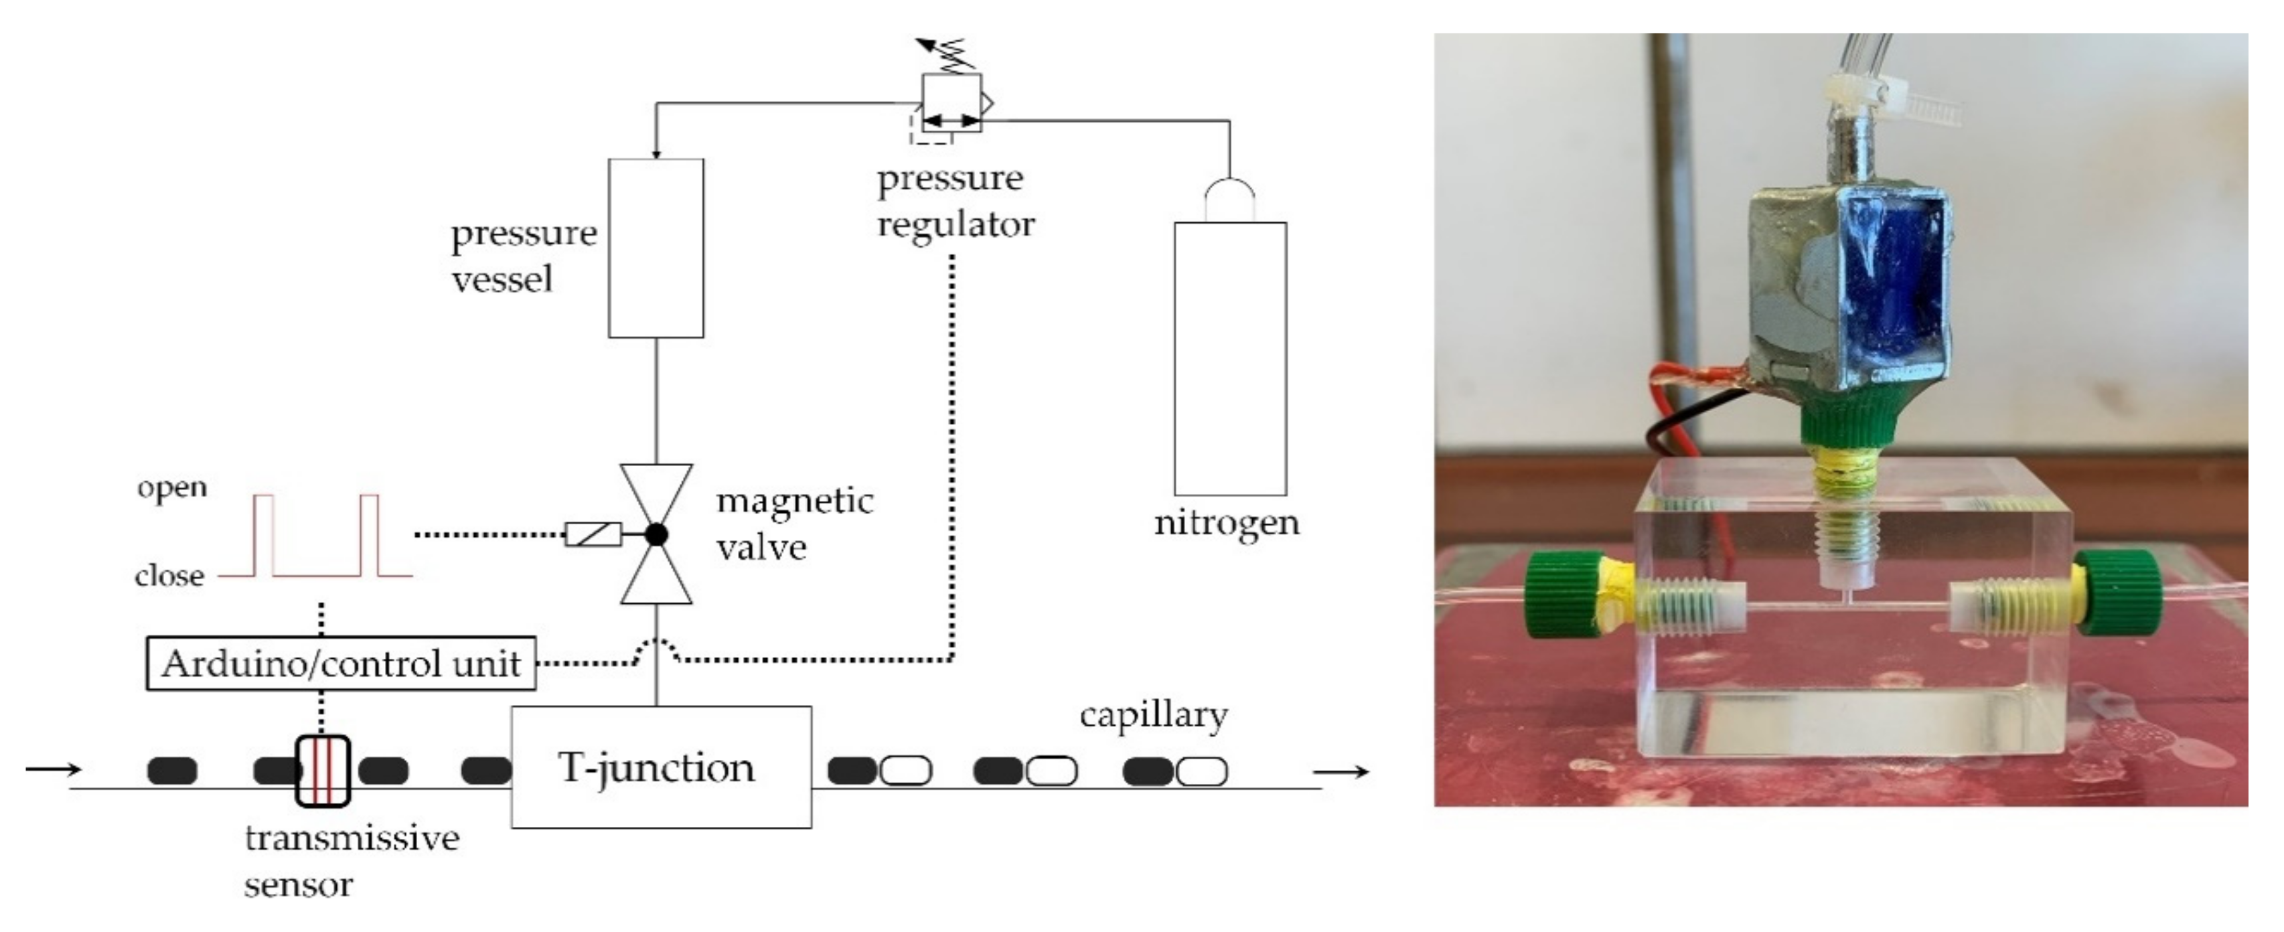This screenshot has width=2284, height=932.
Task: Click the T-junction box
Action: pos(660,767)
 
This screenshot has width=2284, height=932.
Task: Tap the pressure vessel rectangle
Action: pos(656,248)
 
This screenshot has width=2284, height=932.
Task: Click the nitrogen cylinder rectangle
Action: pos(1230,358)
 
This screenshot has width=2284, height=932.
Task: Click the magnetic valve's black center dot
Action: pos(656,534)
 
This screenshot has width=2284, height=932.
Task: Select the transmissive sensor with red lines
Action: pos(323,771)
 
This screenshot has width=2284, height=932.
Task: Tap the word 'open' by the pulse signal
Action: pos(172,487)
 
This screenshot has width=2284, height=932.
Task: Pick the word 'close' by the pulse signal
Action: pos(169,576)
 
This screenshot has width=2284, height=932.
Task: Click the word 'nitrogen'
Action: pos(1226,522)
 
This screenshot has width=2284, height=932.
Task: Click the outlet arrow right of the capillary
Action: pos(1341,771)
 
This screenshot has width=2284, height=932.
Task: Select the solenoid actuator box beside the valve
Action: pos(593,535)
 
